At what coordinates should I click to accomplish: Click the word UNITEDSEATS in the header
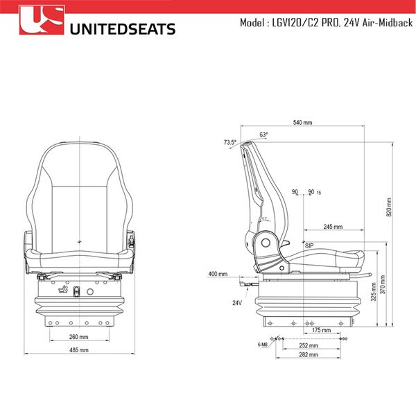click(x=123, y=28)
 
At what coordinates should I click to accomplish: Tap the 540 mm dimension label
click(x=302, y=122)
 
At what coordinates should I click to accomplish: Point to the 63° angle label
click(x=264, y=135)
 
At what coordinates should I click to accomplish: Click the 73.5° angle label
click(x=229, y=143)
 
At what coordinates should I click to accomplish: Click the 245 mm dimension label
click(x=333, y=227)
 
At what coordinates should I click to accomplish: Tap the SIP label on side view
click(x=309, y=245)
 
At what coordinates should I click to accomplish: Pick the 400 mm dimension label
click(x=218, y=274)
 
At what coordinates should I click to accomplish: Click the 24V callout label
click(x=238, y=302)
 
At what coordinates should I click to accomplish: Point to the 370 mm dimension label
click(x=383, y=284)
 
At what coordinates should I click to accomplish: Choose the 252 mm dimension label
click(x=309, y=345)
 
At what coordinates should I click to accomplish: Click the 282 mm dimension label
click(x=309, y=354)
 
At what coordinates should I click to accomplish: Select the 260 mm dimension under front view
click(x=78, y=337)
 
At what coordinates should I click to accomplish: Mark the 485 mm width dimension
click(x=79, y=350)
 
